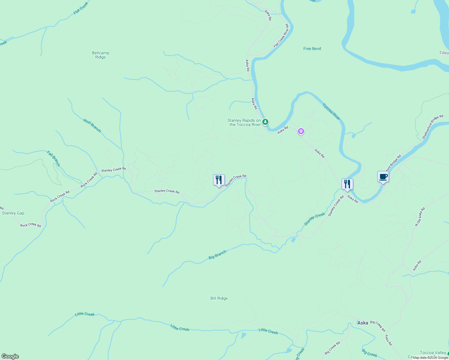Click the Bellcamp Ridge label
pos(100,55)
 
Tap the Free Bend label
pos(312,49)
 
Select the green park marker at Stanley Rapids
pos(265,122)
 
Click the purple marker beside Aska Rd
pos(301,131)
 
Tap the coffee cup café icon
pos(383,177)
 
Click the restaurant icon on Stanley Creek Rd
pos(219,180)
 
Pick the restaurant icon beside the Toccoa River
pos(347,184)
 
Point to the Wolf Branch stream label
pos(92,125)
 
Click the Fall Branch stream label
pos(54,159)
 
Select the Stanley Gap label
pos(13,213)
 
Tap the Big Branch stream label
pos(217,255)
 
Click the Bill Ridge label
pos(219,298)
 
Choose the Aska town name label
pos(363,323)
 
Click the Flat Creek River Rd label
pos(281,36)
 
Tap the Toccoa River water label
pos(332,112)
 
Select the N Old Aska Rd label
pos(420,217)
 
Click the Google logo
pos(10,356)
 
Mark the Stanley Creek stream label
pos(315,219)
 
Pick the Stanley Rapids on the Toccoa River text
pos(244,122)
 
